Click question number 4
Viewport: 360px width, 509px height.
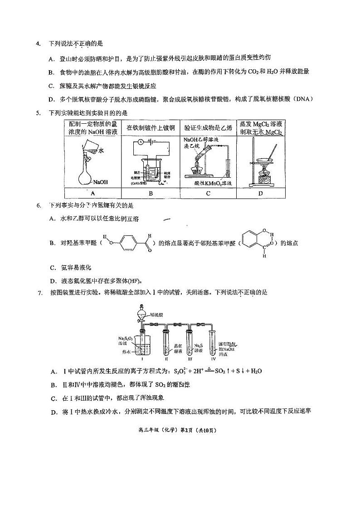pos(38,44)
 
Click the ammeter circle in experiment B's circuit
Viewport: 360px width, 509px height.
pos(141,142)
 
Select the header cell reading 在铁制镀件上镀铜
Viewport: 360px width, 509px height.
pos(151,128)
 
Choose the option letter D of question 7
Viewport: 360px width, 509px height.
pos(54,412)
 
